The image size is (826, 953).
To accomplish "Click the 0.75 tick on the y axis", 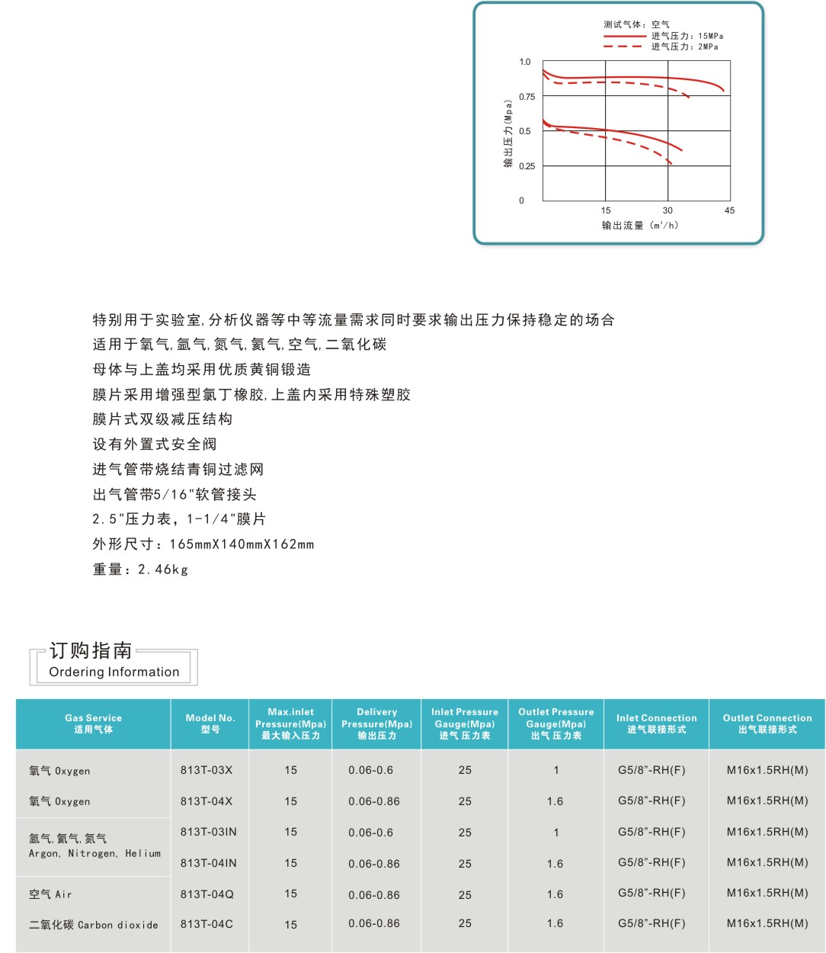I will coord(527,97).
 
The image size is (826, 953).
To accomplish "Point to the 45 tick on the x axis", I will coord(729,210).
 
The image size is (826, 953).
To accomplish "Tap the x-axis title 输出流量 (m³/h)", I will coord(639,226).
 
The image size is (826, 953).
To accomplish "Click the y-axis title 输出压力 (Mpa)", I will coord(508,133).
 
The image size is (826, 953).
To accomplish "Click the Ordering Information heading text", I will coord(114,672).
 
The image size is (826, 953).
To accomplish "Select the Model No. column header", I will coord(210,724).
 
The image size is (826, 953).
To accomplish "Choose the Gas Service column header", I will coord(93,724).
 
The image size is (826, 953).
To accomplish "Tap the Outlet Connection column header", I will coord(767,724).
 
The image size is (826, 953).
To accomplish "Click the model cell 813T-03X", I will coord(206,770).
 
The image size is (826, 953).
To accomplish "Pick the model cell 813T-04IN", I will coord(208,863).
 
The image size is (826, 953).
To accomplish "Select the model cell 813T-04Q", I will coord(206,894).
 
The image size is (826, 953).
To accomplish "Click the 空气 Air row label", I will coord(50,894).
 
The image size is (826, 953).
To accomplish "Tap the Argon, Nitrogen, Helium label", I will coord(94,853).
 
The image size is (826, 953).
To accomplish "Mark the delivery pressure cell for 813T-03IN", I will coord(371,833).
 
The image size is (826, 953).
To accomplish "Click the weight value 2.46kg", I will coord(162,570).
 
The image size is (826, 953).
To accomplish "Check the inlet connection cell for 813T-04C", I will coord(652,923).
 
